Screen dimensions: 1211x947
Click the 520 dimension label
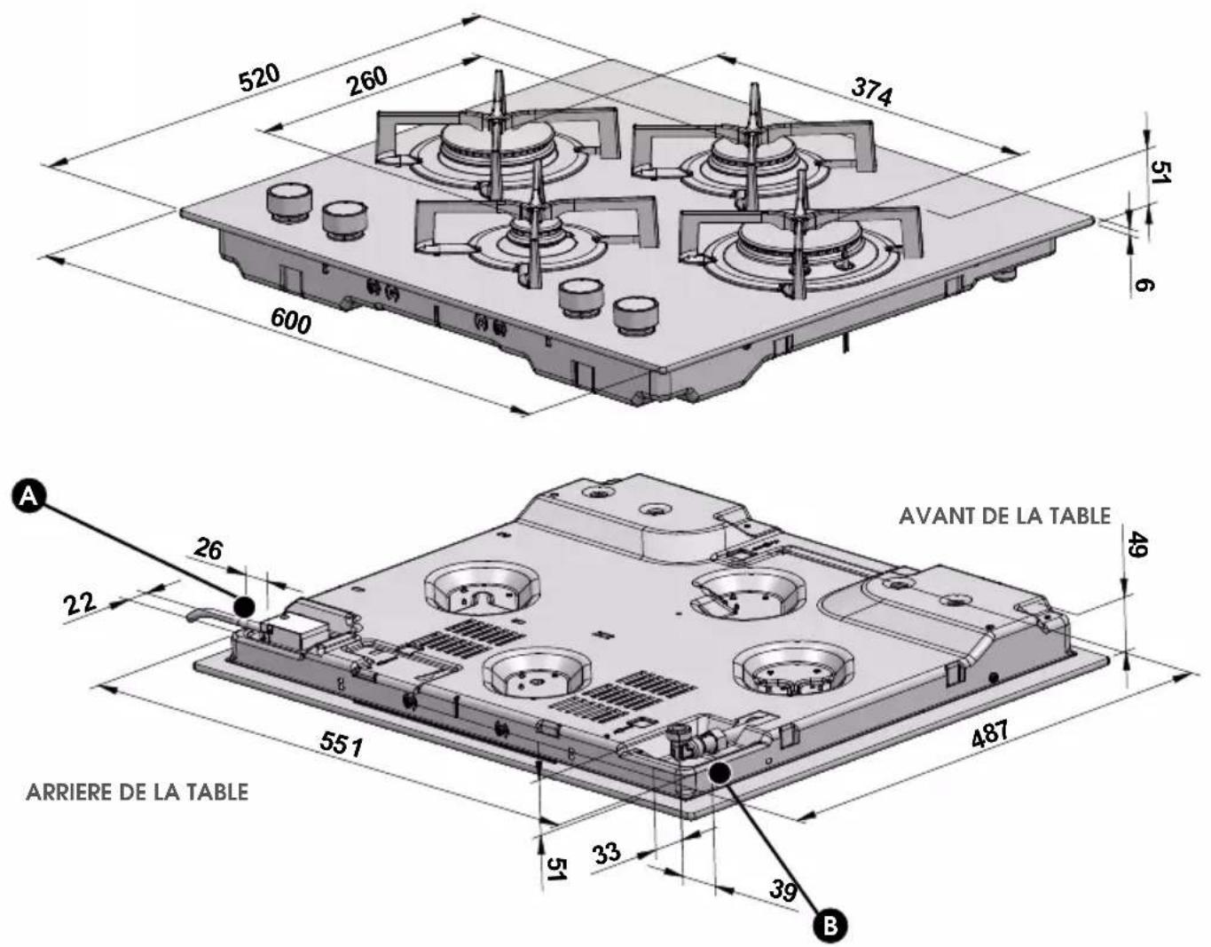pos(259,78)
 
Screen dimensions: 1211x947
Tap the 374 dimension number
pos(871,92)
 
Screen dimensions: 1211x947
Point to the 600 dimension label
pos(291,321)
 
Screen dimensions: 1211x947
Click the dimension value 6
pos(1144,285)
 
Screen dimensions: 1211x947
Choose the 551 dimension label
pos(341,744)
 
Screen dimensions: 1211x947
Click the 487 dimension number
pos(990,734)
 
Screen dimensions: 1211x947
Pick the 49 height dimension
pos(1137,545)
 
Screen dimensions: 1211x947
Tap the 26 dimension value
pos(208,549)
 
